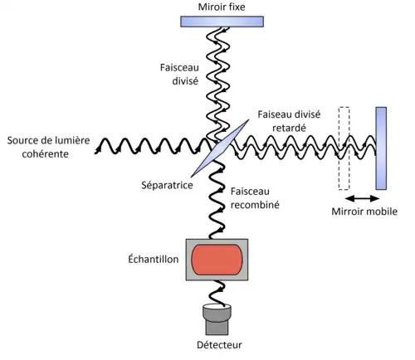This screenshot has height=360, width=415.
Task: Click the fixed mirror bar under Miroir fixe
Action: (x=222, y=22)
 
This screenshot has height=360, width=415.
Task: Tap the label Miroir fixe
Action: (x=222, y=7)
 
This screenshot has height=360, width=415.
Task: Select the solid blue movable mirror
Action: (x=381, y=148)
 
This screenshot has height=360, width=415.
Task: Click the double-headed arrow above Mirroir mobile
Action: (x=362, y=198)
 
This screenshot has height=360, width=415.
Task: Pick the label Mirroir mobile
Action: (x=364, y=212)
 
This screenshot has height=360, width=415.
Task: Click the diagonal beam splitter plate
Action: (x=220, y=148)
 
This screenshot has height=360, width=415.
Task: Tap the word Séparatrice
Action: (x=167, y=185)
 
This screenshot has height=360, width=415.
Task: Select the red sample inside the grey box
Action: (x=217, y=260)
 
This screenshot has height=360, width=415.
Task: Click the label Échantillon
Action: (x=154, y=259)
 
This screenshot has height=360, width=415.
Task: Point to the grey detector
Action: (x=217, y=319)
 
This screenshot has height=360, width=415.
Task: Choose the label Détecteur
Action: (x=219, y=345)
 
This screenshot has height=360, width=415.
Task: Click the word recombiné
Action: (x=255, y=205)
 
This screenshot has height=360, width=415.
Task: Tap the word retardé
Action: (x=289, y=128)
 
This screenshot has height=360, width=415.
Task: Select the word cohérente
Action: (x=46, y=154)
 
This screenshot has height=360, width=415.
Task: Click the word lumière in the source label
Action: (x=74, y=140)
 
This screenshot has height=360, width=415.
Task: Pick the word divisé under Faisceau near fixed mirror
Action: (x=185, y=81)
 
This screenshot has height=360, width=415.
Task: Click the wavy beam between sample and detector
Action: (x=217, y=293)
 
